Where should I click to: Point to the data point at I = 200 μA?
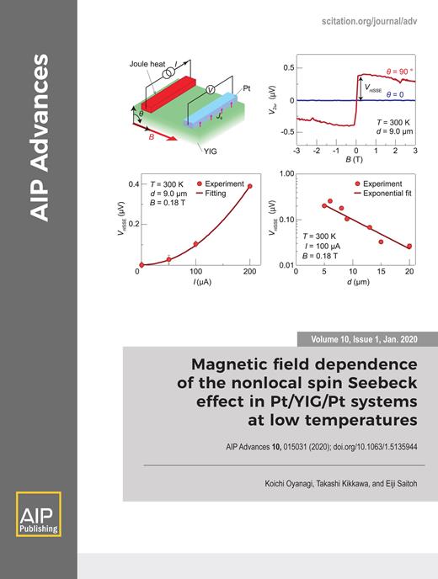(249, 186)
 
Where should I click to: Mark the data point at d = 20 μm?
(409, 247)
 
